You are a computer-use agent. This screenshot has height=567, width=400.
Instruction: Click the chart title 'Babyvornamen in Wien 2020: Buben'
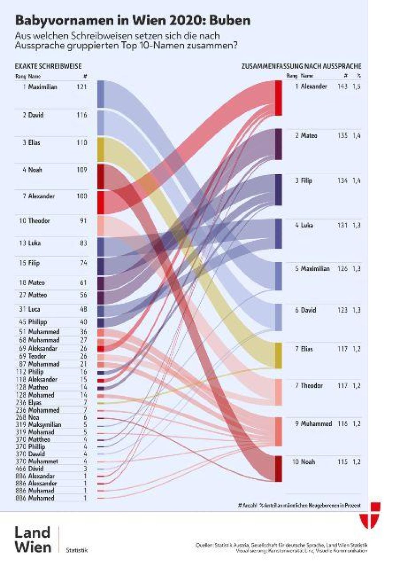tap(132, 20)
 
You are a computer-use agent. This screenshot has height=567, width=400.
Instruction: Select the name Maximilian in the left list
tap(42, 87)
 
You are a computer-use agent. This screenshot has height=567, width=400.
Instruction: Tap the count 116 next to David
tap(82, 115)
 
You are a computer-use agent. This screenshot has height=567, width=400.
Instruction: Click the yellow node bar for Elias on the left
tap(101, 149)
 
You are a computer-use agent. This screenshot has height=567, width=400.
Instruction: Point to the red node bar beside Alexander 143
tap(278, 98)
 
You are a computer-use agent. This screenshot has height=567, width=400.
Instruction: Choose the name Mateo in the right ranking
tap(309, 135)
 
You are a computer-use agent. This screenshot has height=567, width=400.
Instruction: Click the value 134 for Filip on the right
tap(342, 181)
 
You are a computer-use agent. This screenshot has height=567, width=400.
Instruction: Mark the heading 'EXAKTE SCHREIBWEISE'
tap(48, 66)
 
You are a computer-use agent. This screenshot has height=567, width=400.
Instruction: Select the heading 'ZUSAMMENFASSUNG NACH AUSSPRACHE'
tap(301, 66)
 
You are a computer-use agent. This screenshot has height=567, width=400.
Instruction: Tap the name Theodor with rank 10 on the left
tap(39, 221)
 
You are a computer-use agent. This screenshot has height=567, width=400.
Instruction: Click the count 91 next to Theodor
tap(83, 221)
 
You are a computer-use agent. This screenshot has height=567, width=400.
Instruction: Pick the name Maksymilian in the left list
tap(44, 425)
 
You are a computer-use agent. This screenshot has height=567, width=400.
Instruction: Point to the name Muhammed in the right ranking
tap(316, 424)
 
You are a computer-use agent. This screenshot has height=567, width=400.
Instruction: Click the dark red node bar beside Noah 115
tap(278, 468)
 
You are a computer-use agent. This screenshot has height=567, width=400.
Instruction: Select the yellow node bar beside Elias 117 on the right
tap(278, 355)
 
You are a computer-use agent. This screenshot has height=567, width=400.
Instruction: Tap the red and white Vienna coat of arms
tap(370, 515)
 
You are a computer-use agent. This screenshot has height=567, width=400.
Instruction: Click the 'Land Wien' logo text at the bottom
tap(33, 540)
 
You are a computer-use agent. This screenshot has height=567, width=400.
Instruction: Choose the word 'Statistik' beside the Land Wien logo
tap(76, 550)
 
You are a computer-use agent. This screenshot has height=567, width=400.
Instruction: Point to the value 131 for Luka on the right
tap(342, 225)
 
